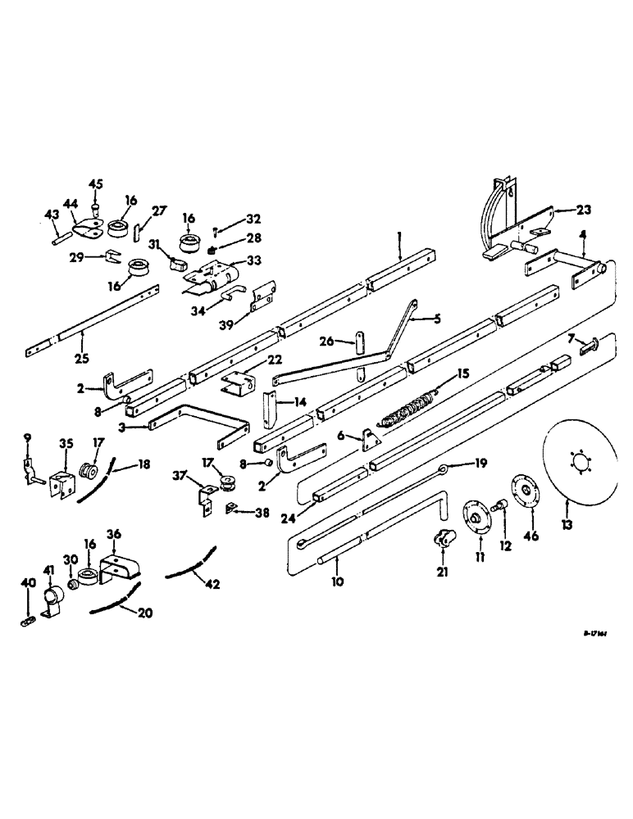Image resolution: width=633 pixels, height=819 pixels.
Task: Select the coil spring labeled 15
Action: point(411,407)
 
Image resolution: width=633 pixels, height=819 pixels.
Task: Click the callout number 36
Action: point(115,533)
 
